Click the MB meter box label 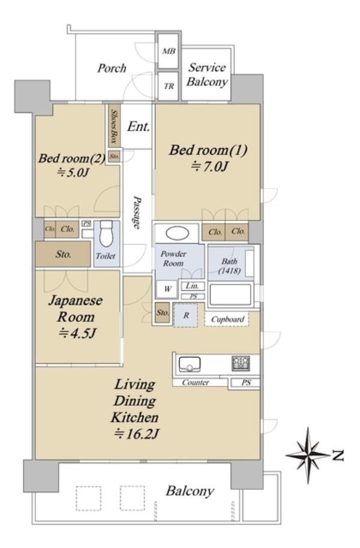pyautogui.click(x=169, y=51)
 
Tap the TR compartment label pyautogui.click(x=169, y=86)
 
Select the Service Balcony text pyautogui.click(x=207, y=74)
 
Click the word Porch pyautogui.click(x=112, y=68)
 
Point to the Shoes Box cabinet pyautogui.click(x=114, y=125)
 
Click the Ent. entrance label pyautogui.click(x=139, y=126)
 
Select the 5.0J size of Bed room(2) pyautogui.click(x=73, y=172)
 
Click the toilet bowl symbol pyautogui.click(x=106, y=234)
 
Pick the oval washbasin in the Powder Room pyautogui.click(x=177, y=233)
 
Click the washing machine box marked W pyautogui.click(x=167, y=288)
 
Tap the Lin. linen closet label pyautogui.click(x=192, y=286)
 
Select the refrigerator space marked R pyautogui.click(x=185, y=315)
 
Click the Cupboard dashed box pyautogui.click(x=227, y=319)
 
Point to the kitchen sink pyautogui.click(x=189, y=365)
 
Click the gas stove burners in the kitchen pyautogui.click(x=241, y=363)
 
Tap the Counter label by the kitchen pyautogui.click(x=195, y=383)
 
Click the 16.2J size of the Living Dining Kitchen pyautogui.click(x=136, y=434)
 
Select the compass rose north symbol pyautogui.click(x=308, y=455)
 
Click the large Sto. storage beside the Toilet pyautogui.click(x=63, y=254)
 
